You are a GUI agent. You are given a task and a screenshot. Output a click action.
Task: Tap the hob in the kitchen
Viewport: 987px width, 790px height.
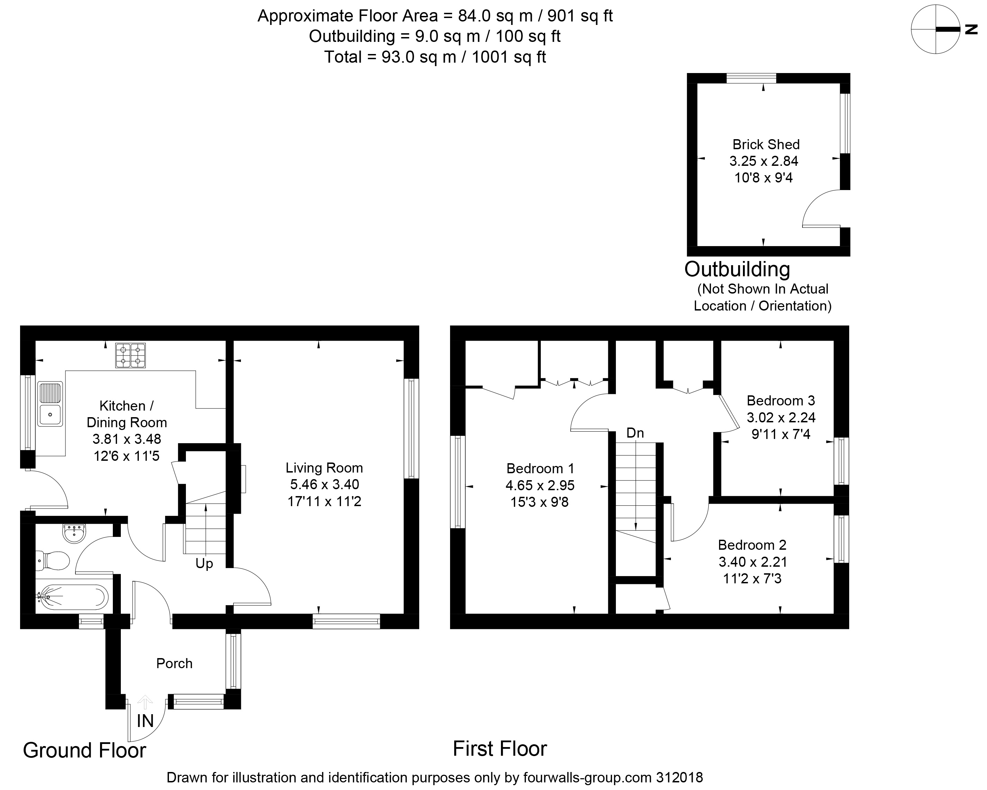[x=131, y=356]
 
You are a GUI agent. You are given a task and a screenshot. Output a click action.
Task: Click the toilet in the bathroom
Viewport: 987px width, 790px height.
[x=52, y=560]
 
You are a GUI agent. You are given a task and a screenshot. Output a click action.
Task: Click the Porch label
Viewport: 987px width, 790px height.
[x=174, y=663]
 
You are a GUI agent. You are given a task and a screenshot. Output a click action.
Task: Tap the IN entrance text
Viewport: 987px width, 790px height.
[x=145, y=721]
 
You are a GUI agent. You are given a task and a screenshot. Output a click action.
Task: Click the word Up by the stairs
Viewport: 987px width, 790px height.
[x=204, y=564]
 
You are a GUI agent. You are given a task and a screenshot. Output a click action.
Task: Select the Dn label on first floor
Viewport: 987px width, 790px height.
[x=635, y=433]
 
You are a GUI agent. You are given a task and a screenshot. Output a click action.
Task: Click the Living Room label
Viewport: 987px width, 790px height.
[x=324, y=468]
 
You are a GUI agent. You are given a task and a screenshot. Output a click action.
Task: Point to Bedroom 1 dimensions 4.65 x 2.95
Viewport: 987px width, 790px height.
[x=540, y=485]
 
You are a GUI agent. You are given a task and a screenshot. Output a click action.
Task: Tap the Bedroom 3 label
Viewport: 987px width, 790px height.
[x=781, y=401]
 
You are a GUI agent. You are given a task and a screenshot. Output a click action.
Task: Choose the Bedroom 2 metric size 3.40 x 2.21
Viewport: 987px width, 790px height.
[x=753, y=562]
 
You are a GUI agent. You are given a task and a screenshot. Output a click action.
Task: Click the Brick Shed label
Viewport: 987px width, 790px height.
[x=766, y=145]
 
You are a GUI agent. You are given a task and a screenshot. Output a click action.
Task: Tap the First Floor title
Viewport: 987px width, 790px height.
[x=500, y=749]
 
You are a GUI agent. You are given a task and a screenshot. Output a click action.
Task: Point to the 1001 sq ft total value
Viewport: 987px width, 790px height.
[x=509, y=57]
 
